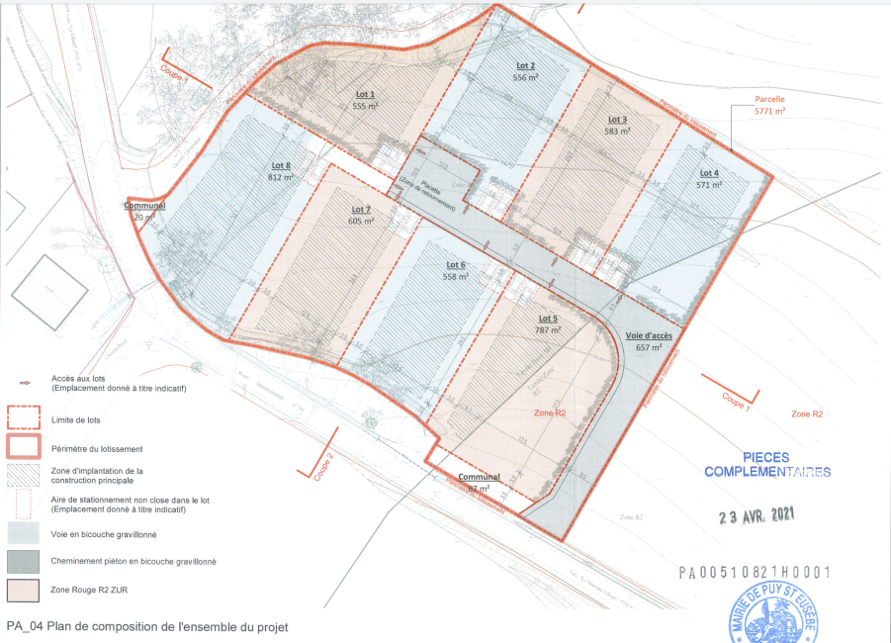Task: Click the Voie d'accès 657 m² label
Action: (x=649, y=341)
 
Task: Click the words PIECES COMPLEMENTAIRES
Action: (x=767, y=466)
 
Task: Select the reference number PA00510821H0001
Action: (x=754, y=572)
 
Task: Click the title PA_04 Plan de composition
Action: (x=148, y=626)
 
